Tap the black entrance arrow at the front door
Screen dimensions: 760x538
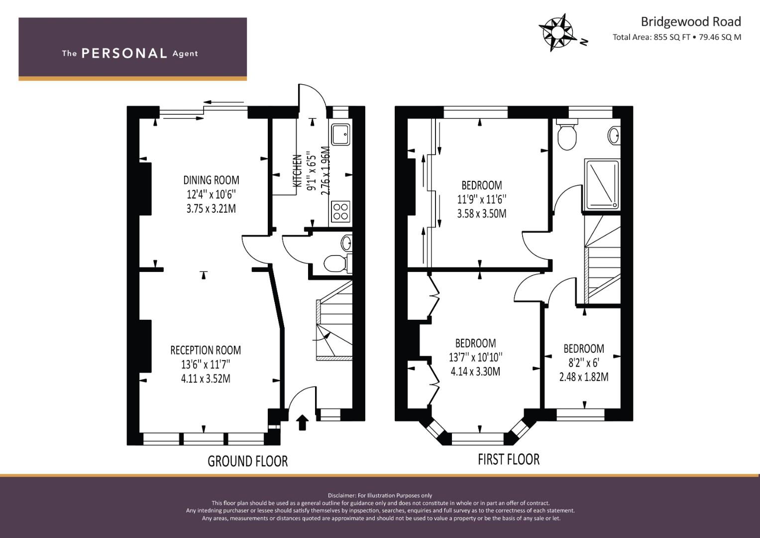pyautogui.click(x=302, y=422)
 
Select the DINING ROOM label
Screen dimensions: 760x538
pyautogui.click(x=211, y=180)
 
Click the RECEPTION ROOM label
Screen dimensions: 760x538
pyautogui.click(x=206, y=350)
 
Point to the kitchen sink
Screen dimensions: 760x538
pyautogui.click(x=340, y=134)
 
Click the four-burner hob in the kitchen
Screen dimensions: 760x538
pyautogui.click(x=340, y=212)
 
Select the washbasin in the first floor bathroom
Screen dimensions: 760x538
pyautogui.click(x=614, y=135)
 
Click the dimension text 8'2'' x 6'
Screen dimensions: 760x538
pyautogui.click(x=584, y=363)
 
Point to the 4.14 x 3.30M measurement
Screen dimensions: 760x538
pyautogui.click(x=475, y=372)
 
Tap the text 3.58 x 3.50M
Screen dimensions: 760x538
pyautogui.click(x=482, y=213)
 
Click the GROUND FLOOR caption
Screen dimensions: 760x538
pyautogui.click(x=248, y=461)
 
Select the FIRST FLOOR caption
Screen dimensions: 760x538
pyautogui.click(x=509, y=459)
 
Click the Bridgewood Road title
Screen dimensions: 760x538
pyautogui.click(x=691, y=22)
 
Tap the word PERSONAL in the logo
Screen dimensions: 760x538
pyautogui.click(x=124, y=53)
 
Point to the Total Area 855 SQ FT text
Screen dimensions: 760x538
pyautogui.click(x=651, y=37)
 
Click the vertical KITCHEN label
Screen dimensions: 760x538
pyautogui.click(x=297, y=171)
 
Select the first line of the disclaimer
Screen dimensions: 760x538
pyautogui.click(x=380, y=496)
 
